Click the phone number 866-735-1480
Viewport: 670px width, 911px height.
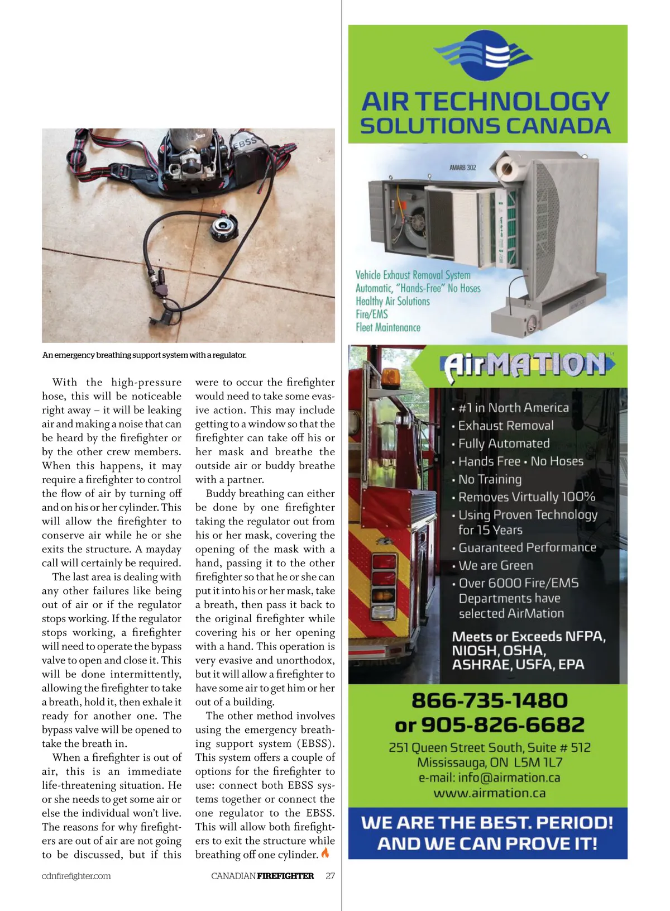point(489,700)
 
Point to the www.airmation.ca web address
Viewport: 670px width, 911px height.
point(489,793)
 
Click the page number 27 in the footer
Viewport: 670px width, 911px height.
point(330,876)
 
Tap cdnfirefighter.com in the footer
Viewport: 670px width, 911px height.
point(76,876)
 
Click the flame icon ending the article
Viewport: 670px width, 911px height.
point(326,853)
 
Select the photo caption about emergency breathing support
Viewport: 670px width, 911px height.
point(144,355)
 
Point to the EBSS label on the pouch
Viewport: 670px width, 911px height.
point(245,143)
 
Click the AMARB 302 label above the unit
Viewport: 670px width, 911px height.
point(462,167)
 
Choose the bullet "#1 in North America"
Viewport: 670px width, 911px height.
point(513,408)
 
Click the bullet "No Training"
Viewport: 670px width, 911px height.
point(490,479)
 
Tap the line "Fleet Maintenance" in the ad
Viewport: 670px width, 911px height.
point(388,328)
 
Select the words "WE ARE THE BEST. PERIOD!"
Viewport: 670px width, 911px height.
point(487,822)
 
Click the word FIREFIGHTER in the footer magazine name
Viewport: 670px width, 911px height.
point(285,876)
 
